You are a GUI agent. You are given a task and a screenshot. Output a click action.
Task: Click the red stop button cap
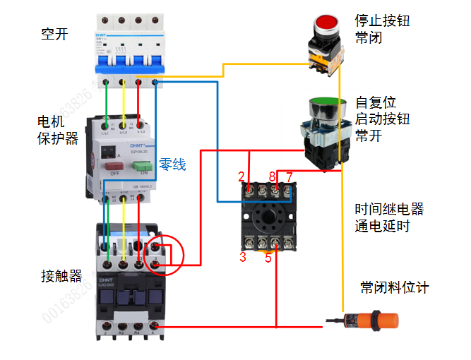point(327,22)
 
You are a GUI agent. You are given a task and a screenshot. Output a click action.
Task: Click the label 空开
point(54,33)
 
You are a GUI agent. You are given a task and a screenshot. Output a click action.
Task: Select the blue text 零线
point(172,164)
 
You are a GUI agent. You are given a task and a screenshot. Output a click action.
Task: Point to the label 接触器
point(61,275)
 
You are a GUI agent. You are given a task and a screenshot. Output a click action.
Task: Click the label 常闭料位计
point(394,288)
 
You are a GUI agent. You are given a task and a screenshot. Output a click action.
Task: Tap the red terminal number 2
point(242,176)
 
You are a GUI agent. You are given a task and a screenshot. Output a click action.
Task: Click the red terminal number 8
point(272,176)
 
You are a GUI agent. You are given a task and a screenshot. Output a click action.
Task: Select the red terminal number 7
point(289,176)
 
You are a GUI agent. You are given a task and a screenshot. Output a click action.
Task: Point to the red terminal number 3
point(242,258)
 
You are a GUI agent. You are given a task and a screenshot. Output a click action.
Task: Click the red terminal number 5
point(268,258)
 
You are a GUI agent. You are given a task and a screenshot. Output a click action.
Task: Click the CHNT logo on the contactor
point(107,281)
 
